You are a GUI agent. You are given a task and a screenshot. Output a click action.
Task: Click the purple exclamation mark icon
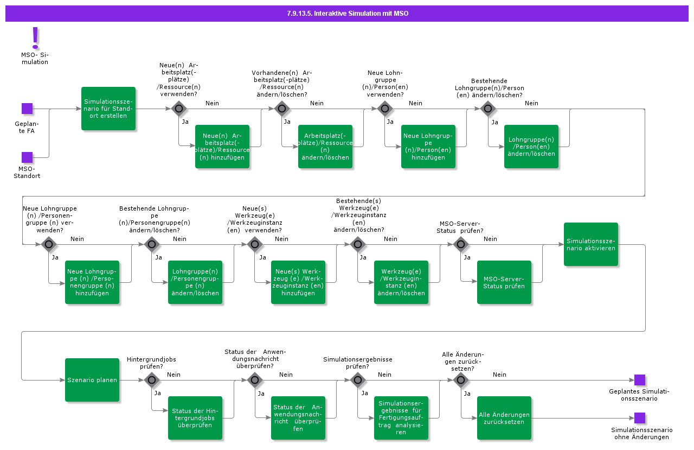36,37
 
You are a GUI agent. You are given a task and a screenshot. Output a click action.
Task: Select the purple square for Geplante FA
27,109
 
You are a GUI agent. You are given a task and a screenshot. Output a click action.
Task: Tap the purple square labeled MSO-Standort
27,157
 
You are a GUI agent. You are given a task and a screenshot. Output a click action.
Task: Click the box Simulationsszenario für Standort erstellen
108,109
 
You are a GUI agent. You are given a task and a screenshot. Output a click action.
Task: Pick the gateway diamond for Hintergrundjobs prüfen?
152,380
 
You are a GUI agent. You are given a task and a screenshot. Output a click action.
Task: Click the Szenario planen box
92,380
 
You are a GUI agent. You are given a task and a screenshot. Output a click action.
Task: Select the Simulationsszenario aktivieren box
591,244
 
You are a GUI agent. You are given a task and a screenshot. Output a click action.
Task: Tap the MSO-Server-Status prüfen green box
504,282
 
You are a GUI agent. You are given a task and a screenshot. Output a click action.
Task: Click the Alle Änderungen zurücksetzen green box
504,418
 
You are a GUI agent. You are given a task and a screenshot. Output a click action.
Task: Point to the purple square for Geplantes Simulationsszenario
640,380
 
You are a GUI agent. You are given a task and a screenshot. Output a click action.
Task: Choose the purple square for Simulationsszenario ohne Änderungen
640,418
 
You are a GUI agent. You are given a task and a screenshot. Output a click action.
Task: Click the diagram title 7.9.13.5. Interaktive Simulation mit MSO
347,14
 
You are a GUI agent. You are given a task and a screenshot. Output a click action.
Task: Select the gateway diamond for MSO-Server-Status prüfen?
461,244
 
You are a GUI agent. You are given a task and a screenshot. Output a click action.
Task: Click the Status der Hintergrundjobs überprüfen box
195,418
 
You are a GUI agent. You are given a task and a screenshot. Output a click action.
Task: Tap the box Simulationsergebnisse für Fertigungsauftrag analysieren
401,418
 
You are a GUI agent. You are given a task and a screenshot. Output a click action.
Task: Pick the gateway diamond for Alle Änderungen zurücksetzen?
461,380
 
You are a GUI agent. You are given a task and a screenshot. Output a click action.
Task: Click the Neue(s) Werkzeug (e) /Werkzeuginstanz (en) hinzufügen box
298,282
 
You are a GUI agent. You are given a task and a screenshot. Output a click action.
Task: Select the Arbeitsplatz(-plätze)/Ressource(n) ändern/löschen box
325,147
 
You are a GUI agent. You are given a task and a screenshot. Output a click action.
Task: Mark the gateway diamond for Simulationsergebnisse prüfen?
358,380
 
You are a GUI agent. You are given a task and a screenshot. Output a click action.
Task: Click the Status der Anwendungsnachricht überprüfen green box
298,418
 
